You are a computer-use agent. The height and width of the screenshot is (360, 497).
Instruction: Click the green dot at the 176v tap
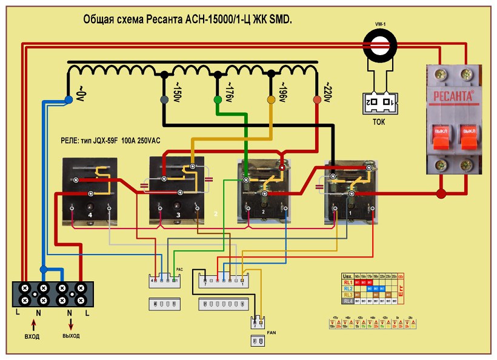(218, 99)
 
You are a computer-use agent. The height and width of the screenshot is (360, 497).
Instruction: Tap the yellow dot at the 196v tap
(272, 99)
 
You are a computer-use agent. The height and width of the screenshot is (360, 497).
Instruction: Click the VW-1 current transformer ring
(380, 45)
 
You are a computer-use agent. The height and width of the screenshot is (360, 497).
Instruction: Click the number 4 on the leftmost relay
(89, 214)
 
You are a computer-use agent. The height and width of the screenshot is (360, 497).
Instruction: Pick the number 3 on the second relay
(178, 215)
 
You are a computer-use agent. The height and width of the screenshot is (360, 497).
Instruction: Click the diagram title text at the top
(187, 20)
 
